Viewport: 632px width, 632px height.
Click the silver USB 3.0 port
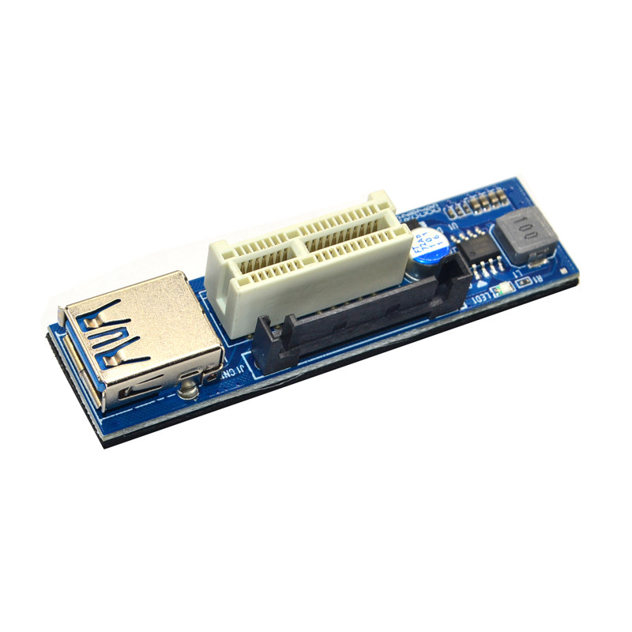[x=138, y=340]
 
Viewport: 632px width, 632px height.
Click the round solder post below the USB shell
[x=187, y=389]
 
